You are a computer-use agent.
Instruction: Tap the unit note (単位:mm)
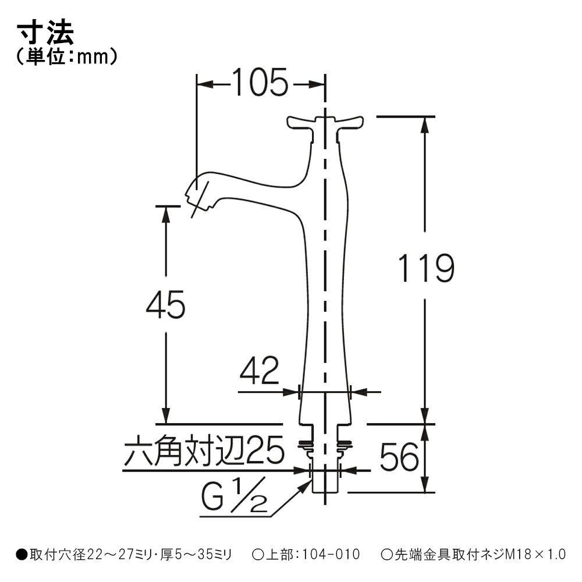tap(67, 57)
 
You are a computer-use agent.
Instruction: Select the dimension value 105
tap(260, 82)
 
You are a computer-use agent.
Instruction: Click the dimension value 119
tap(426, 268)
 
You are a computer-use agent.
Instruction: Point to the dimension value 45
tap(165, 304)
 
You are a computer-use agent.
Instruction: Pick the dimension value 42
tap(259, 370)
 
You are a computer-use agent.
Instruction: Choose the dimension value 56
tap(399, 456)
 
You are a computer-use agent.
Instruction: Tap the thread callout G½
tap(234, 495)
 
